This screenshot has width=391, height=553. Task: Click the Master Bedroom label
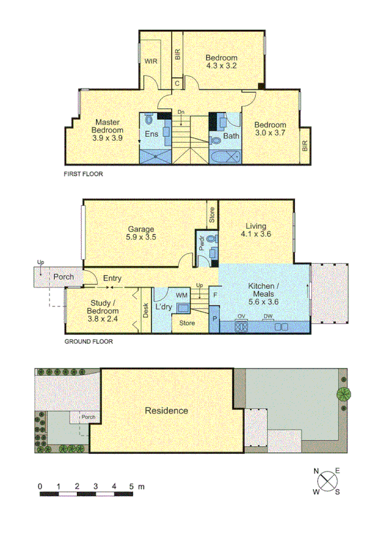pyautogui.click(x=105, y=130)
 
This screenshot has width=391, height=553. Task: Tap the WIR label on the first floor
pyautogui.click(x=151, y=61)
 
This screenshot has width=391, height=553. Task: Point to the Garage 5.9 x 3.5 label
pyautogui.click(x=141, y=233)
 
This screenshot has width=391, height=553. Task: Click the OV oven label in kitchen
pyautogui.click(x=241, y=316)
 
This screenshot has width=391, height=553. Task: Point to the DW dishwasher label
pyautogui.click(x=268, y=316)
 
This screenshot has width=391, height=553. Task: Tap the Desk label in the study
pyautogui.click(x=146, y=310)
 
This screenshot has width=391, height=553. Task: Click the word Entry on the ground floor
pyautogui.click(x=112, y=279)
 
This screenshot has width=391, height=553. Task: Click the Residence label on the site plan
pyautogui.click(x=166, y=411)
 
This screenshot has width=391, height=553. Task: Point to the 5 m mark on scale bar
pyautogui.click(x=132, y=486)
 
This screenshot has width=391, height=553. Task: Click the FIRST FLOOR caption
pyautogui.click(x=83, y=174)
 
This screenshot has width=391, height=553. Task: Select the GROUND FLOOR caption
pyautogui.click(x=87, y=341)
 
